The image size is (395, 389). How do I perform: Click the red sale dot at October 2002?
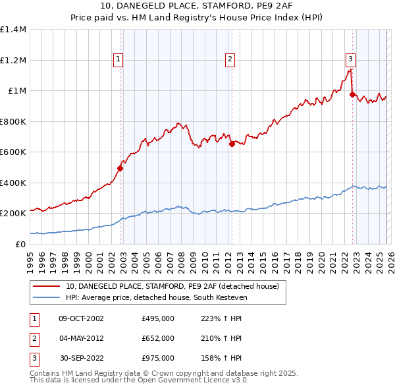tap(120, 168)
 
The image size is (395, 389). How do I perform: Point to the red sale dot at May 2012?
tap(231, 144)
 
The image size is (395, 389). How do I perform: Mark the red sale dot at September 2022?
tap(352, 95)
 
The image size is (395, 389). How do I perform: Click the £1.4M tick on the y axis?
tap(13, 30)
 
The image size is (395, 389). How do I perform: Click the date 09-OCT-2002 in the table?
tap(81, 318)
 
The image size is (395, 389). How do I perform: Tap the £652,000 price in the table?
tap(158, 338)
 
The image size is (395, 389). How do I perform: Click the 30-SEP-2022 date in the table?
tap(81, 358)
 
